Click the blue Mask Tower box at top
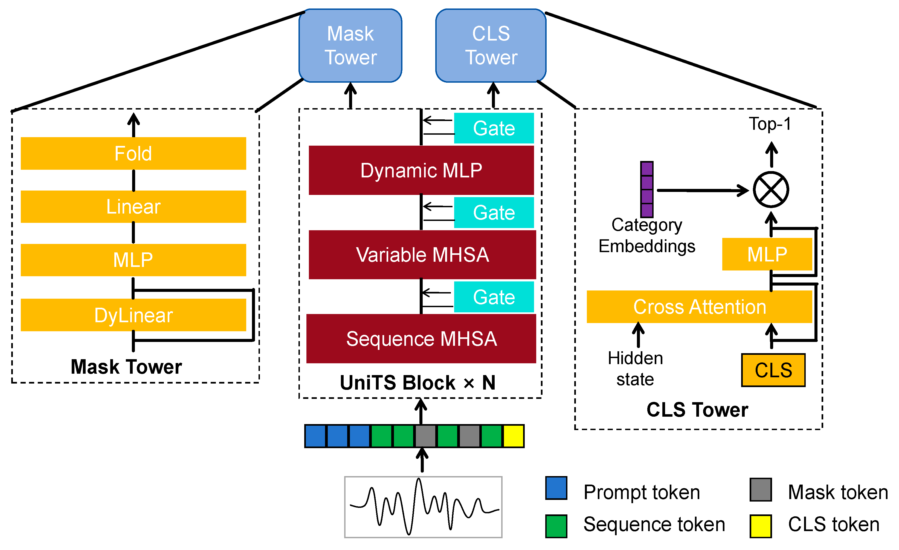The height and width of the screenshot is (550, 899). point(350,46)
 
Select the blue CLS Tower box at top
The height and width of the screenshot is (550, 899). point(491,46)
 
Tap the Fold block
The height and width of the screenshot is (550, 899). point(133,153)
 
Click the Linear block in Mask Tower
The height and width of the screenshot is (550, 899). point(133,207)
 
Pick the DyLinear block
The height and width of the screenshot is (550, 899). point(133,315)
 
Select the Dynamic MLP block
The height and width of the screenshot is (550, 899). point(421,170)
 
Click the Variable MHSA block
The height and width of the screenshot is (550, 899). point(422,255)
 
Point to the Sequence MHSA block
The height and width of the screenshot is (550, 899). point(421,339)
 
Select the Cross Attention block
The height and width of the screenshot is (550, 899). point(699,307)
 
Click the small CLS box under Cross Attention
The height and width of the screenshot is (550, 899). point(773,370)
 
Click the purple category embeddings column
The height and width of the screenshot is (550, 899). point(646,189)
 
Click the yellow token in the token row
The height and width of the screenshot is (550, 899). point(513,436)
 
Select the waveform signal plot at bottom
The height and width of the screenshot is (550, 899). point(423,507)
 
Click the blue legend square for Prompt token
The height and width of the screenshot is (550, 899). point(556,488)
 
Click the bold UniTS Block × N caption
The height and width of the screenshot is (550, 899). point(418,383)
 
